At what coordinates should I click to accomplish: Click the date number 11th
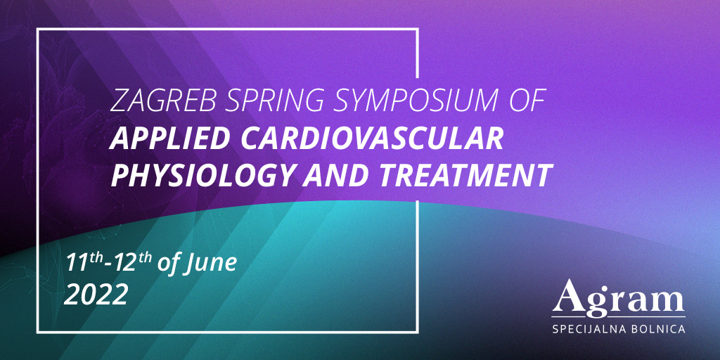pos(84,263)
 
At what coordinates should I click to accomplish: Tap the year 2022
pos(96,295)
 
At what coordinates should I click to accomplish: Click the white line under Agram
pos(619,317)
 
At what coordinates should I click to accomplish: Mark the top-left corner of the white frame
pos(38,30)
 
